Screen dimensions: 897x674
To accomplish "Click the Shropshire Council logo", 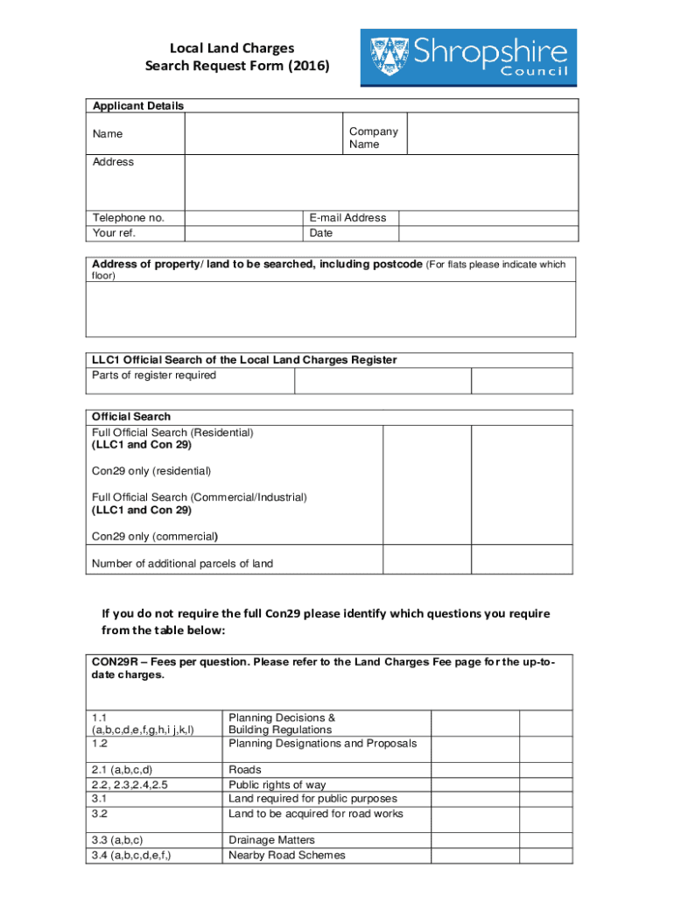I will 468,57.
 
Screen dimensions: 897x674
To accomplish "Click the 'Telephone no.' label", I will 128,218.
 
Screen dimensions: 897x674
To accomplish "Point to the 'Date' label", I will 321,234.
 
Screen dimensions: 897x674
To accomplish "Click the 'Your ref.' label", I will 114,234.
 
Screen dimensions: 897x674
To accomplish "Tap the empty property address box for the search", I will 331,308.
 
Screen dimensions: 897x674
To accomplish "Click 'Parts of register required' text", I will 154,376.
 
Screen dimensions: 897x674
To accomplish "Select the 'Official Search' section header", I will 131,417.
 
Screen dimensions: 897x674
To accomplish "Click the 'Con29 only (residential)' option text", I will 151,471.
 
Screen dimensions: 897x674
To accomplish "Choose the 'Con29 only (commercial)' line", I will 155,536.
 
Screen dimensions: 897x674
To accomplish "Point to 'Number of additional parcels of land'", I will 182,564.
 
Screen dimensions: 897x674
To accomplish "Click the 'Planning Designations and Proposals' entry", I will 322,744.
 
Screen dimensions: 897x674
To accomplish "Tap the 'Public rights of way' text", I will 277,785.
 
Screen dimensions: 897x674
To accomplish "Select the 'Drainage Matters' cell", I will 271,840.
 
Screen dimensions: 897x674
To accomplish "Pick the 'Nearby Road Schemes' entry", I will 286,855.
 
